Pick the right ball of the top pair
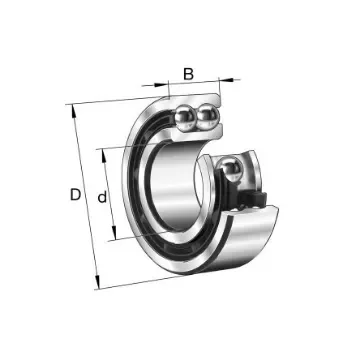point(207,119)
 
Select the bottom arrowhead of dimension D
point(98,283)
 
